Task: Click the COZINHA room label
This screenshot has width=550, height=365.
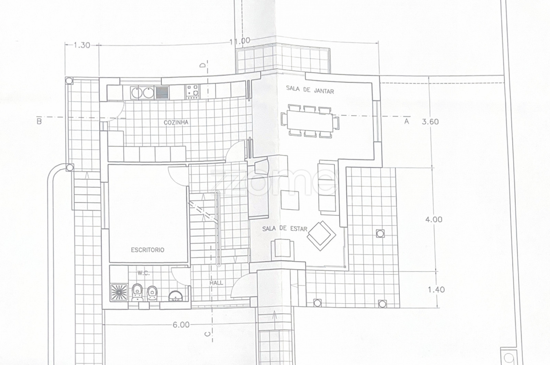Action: pyautogui.click(x=176, y=122)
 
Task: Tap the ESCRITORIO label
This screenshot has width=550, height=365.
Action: pyautogui.click(x=147, y=250)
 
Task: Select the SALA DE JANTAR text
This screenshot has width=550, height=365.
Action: pyautogui.click(x=310, y=90)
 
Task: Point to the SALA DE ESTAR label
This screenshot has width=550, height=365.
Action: pyautogui.click(x=285, y=229)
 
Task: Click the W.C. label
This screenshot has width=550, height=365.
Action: pyautogui.click(x=143, y=273)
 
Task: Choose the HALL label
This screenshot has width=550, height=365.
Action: pyautogui.click(x=216, y=283)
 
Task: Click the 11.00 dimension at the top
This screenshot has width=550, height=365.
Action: pyautogui.click(x=240, y=41)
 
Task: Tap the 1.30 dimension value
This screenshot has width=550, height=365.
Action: pyautogui.click(x=82, y=45)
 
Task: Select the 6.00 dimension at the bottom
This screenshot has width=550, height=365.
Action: pyautogui.click(x=181, y=325)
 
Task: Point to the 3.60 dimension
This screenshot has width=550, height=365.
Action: pyautogui.click(x=430, y=122)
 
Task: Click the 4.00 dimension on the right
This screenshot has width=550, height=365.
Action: pyautogui.click(x=434, y=219)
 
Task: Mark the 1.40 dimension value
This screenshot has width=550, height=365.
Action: pyautogui.click(x=436, y=290)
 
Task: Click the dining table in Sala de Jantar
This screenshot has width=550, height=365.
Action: pyautogui.click(x=310, y=121)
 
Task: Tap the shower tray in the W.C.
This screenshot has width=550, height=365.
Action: pyautogui.click(x=119, y=292)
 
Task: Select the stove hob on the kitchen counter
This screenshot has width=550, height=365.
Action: pyautogui.click(x=192, y=92)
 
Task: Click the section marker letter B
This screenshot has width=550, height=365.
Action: pyautogui.click(x=39, y=121)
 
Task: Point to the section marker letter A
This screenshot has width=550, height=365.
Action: pyautogui.click(x=407, y=121)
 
